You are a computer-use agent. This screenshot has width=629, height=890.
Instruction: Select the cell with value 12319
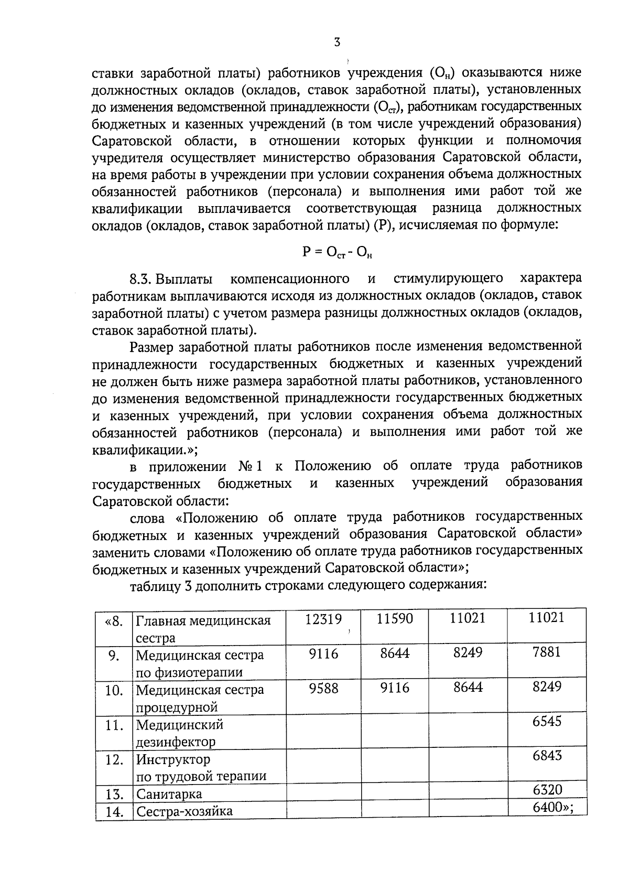pyautogui.click(x=323, y=619)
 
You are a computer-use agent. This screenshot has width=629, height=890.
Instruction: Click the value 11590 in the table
pyautogui.click(x=395, y=619)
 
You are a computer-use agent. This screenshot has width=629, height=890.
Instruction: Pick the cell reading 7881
pyautogui.click(x=547, y=652)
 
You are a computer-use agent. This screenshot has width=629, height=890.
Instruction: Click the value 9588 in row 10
pyautogui.click(x=323, y=688)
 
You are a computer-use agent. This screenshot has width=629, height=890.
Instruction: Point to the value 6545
pyautogui.click(x=547, y=721)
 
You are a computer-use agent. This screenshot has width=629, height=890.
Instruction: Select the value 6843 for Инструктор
pyautogui.click(x=547, y=755)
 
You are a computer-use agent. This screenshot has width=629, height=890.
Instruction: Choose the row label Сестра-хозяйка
pyautogui.click(x=185, y=811)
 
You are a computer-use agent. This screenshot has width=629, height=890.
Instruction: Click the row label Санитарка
pyautogui.click(x=169, y=794)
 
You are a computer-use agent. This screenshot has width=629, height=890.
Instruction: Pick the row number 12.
pyautogui.click(x=114, y=759)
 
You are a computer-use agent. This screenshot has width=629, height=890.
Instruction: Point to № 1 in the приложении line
pyautogui.click(x=250, y=466)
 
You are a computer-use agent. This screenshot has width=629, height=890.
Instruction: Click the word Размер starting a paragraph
pyautogui.click(x=152, y=347)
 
